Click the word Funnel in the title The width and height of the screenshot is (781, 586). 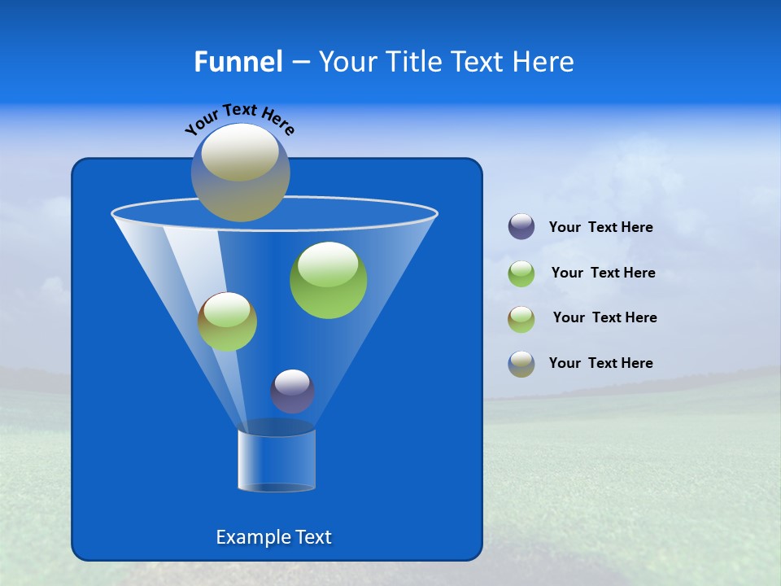(x=238, y=62)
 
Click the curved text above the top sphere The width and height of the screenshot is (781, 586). (x=239, y=118)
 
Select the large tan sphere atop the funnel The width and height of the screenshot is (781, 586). (x=241, y=173)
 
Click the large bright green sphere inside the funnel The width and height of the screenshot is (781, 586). (x=328, y=280)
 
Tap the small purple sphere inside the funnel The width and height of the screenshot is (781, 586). (x=292, y=391)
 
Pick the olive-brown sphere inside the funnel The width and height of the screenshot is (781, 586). (x=227, y=321)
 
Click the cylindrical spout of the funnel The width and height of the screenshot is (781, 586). (x=277, y=461)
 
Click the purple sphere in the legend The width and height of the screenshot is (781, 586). (x=521, y=227)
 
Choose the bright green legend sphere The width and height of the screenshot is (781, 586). (x=521, y=273)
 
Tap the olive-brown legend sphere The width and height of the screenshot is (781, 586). (x=521, y=318)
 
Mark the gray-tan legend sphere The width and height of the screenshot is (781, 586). (x=521, y=364)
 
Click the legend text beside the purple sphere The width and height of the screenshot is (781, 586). (x=601, y=228)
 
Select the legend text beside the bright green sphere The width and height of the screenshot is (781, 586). (x=603, y=273)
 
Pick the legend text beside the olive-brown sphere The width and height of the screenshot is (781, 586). (x=604, y=318)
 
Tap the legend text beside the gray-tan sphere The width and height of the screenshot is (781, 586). (x=601, y=364)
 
